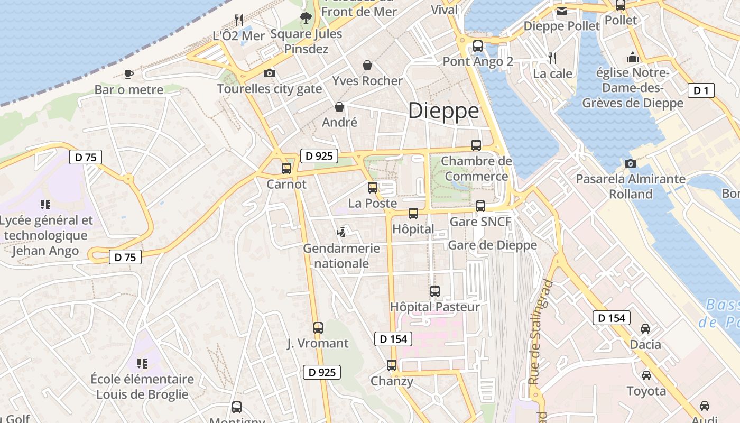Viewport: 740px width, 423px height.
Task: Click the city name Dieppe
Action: coord(443,111)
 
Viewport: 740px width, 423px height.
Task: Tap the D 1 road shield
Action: coord(701,90)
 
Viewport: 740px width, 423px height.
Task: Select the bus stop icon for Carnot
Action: coord(286,169)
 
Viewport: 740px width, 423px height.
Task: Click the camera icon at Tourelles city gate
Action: coord(270,73)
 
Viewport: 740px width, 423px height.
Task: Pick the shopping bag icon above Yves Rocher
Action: coord(367,65)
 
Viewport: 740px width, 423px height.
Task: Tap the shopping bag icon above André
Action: coord(339,107)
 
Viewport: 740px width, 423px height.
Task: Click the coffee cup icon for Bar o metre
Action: coord(128,74)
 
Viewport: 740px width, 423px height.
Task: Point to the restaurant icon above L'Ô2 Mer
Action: coord(239,20)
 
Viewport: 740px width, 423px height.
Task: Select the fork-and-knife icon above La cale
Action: coord(552,58)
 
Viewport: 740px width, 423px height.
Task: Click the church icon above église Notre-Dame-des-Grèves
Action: coord(633,57)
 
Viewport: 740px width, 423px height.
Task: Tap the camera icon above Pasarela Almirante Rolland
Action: coord(630,163)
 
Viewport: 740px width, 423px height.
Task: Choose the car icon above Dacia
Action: coord(645,329)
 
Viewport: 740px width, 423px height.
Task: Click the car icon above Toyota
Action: coord(646,375)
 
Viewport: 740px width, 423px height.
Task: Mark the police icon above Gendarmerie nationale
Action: coord(342,232)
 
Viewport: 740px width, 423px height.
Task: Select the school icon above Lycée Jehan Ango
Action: coord(45,204)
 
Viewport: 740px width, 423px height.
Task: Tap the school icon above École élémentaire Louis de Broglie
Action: coord(142,363)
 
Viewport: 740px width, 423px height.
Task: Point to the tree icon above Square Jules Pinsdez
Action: coord(306,18)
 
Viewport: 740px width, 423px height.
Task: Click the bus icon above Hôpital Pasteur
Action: coord(435,291)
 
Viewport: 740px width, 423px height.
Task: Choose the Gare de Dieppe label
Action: coord(492,245)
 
